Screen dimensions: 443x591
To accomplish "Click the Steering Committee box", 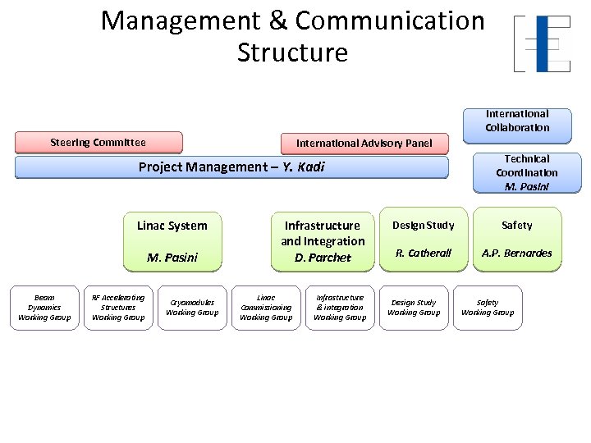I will click(98, 143).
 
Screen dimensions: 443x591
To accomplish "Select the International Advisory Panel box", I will click(364, 144).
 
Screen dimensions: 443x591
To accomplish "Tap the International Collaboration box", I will click(517, 121).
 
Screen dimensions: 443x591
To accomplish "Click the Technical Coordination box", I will click(526, 172).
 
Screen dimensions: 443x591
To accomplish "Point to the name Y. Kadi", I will click(304, 167).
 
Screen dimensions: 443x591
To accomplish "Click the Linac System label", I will click(172, 226).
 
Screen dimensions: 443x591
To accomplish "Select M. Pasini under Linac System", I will click(172, 258).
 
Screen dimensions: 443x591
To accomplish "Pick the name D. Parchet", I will click(323, 258).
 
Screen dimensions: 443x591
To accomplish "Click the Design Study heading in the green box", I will click(423, 226).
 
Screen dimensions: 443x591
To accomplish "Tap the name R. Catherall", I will click(424, 253).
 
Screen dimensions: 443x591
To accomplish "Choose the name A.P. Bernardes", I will click(516, 253).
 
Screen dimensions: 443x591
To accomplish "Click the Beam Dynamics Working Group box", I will click(44, 308).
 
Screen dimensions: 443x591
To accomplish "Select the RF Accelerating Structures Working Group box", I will click(118, 308).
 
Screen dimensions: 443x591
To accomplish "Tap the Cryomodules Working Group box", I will click(192, 308).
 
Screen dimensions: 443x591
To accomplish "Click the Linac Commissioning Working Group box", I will click(266, 308).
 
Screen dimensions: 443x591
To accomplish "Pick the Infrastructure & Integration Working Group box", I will click(340, 308).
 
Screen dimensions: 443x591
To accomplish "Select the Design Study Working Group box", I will click(414, 308).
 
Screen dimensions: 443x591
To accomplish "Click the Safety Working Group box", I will click(488, 308).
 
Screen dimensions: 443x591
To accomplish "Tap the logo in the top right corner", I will click(542, 43).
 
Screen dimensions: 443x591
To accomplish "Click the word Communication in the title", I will click(390, 21).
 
